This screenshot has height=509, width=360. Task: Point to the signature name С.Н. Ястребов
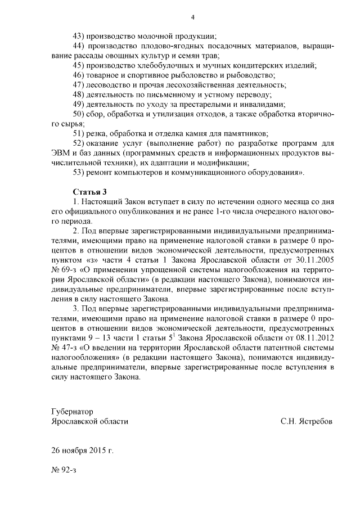307,421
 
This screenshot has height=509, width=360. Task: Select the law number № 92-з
63,470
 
